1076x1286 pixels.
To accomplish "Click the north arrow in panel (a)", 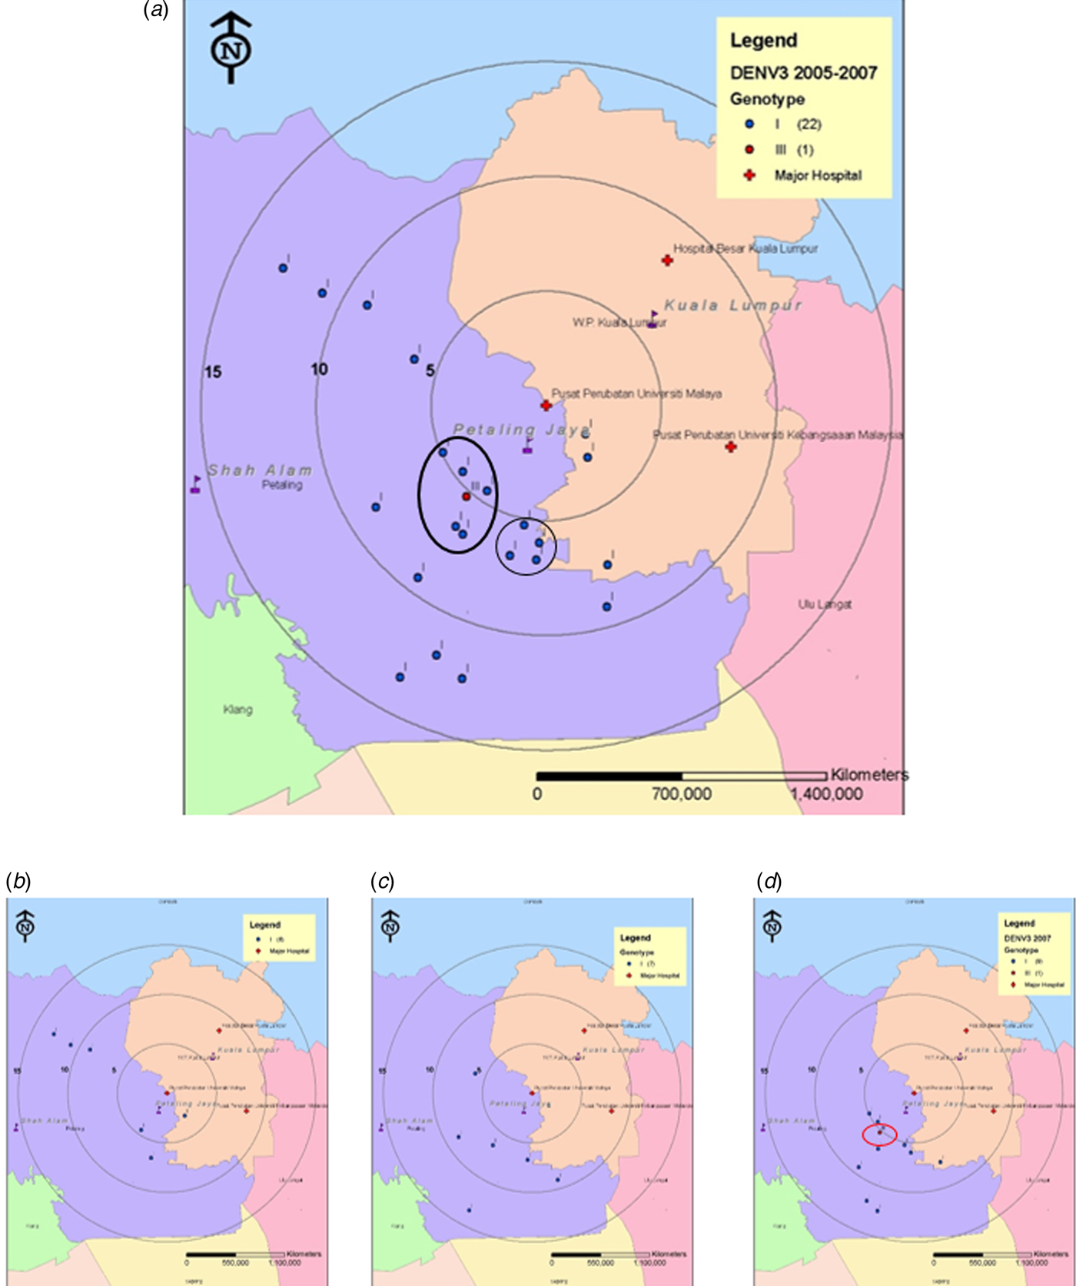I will point(231,48).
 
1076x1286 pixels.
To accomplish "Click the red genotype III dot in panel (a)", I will point(467,497).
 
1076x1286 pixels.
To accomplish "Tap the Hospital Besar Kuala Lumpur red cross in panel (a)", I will point(667,261).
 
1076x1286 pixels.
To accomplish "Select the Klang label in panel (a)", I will point(237,709).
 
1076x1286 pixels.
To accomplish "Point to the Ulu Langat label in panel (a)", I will point(825,604).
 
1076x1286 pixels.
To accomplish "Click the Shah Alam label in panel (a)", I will point(260,470).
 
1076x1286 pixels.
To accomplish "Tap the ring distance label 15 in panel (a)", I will point(213,372).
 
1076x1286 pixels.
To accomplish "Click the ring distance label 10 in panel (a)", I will point(319,370).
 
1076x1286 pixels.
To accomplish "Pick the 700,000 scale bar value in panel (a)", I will point(682,794).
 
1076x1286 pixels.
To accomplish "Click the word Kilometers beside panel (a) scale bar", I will point(869,775).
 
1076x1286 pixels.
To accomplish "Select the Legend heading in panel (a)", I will point(763,41).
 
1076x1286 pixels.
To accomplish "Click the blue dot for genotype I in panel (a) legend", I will point(749,124).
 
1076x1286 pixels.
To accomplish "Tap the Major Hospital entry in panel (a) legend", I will point(818,175).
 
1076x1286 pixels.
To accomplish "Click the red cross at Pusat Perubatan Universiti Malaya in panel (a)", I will point(546,405).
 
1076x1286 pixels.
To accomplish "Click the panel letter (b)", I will point(18,881).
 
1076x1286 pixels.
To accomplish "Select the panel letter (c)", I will point(383,881).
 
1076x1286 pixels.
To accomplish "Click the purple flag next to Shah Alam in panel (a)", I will point(196,484).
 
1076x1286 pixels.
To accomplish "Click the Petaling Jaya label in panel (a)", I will point(521,430).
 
